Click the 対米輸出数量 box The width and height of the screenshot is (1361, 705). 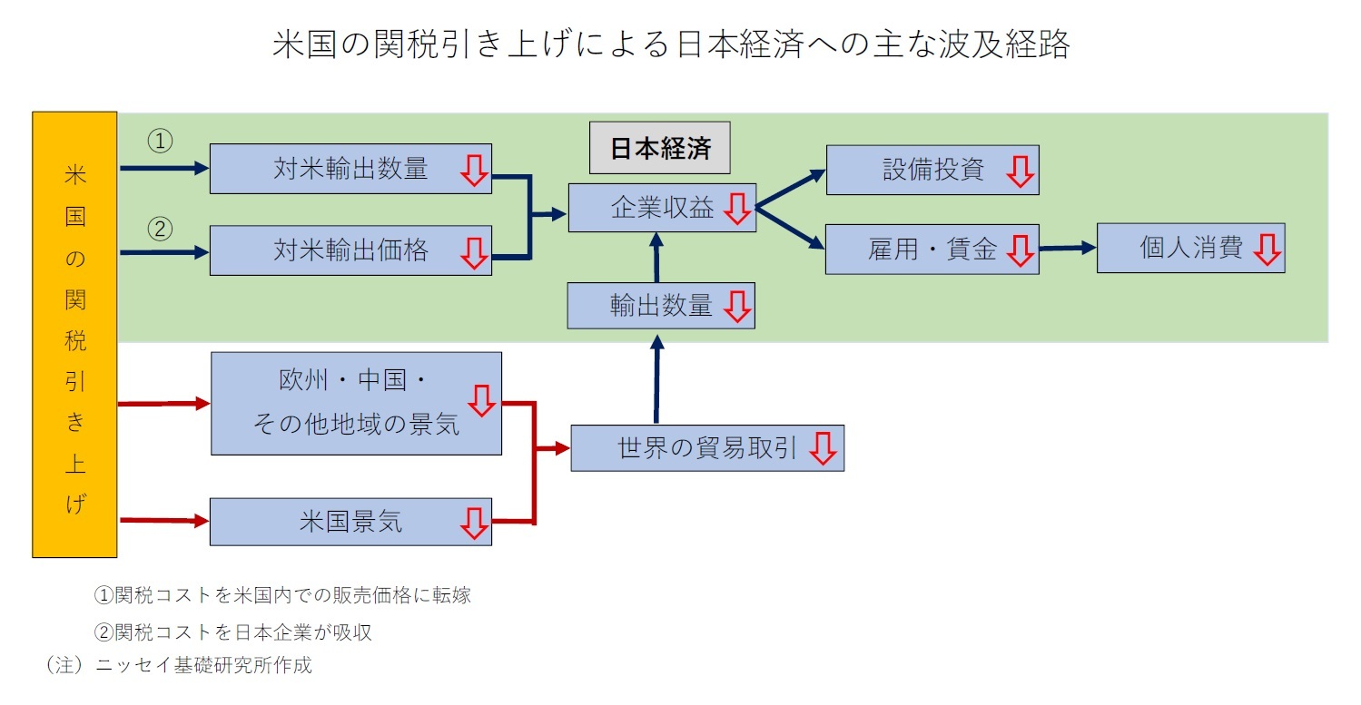tap(350, 169)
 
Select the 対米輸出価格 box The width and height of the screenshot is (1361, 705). tap(350, 250)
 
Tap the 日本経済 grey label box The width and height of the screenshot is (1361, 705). tap(660, 148)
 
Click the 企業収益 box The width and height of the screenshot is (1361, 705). tap(662, 208)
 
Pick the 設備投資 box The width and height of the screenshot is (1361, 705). tap(932, 170)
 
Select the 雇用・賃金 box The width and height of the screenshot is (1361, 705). tap(932, 250)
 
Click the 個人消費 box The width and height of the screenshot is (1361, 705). tap(1190, 249)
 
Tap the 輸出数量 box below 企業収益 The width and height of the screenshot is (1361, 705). tap(660, 306)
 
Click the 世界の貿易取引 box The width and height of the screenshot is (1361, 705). tap(706, 448)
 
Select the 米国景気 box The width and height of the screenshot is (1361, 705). tap(350, 522)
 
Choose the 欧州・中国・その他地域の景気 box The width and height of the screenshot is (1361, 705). tap(356, 404)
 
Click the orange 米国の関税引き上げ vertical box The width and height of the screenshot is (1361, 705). tap(74, 334)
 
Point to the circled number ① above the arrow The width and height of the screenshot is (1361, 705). tap(160, 142)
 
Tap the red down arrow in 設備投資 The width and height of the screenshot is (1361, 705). tap(1021, 171)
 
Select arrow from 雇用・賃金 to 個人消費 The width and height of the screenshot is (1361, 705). tap(1068, 247)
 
